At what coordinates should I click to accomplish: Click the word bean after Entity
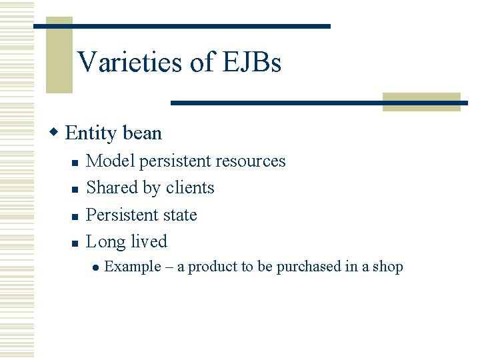tap(142, 133)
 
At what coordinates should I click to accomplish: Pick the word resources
tap(256, 161)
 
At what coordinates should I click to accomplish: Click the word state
tap(180, 215)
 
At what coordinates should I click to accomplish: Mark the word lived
tap(149, 242)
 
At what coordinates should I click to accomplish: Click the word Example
tap(133, 267)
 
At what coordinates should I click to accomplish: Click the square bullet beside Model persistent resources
tap(75, 162)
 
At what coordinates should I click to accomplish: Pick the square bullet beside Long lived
tap(75, 243)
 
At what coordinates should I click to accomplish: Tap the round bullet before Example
tap(96, 267)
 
